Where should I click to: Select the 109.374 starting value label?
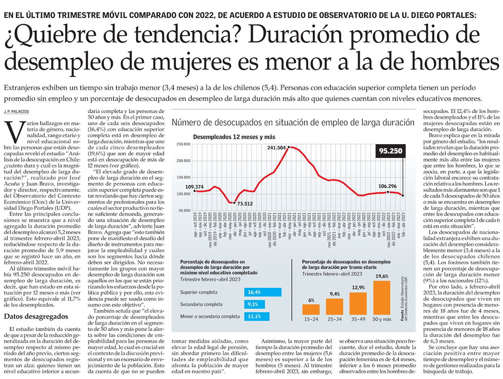[x=195, y=187]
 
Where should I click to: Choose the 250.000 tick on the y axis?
[x=183, y=144]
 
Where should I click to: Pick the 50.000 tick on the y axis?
[x=184, y=210]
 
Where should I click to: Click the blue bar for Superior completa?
[x=263, y=292]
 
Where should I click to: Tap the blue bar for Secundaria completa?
[x=253, y=304]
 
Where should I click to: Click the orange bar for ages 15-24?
[x=311, y=310]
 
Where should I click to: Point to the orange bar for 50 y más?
[x=381, y=298]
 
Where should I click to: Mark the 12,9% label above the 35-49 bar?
[x=358, y=287]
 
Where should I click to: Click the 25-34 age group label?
[x=335, y=319]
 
